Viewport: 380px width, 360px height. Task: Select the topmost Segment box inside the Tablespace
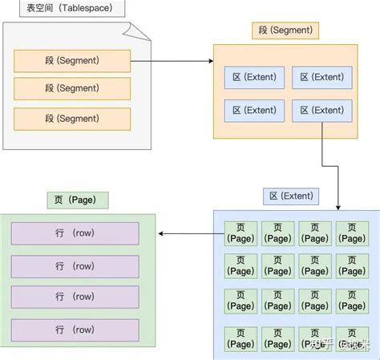click(x=71, y=61)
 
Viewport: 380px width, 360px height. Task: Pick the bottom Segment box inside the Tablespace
click(x=71, y=119)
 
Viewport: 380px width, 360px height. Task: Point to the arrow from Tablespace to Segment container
click(x=172, y=59)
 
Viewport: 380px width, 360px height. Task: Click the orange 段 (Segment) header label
click(x=285, y=31)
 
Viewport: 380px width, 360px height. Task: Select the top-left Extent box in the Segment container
click(x=253, y=78)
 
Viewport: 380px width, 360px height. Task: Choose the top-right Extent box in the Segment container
click(x=321, y=78)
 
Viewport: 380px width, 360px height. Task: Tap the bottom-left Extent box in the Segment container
click(x=253, y=111)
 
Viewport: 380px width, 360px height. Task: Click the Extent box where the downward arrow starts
click(x=321, y=111)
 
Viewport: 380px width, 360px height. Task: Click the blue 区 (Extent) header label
click(x=290, y=196)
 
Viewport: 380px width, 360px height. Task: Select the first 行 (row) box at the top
click(x=75, y=233)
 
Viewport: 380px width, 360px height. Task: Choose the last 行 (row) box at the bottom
click(x=75, y=329)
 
